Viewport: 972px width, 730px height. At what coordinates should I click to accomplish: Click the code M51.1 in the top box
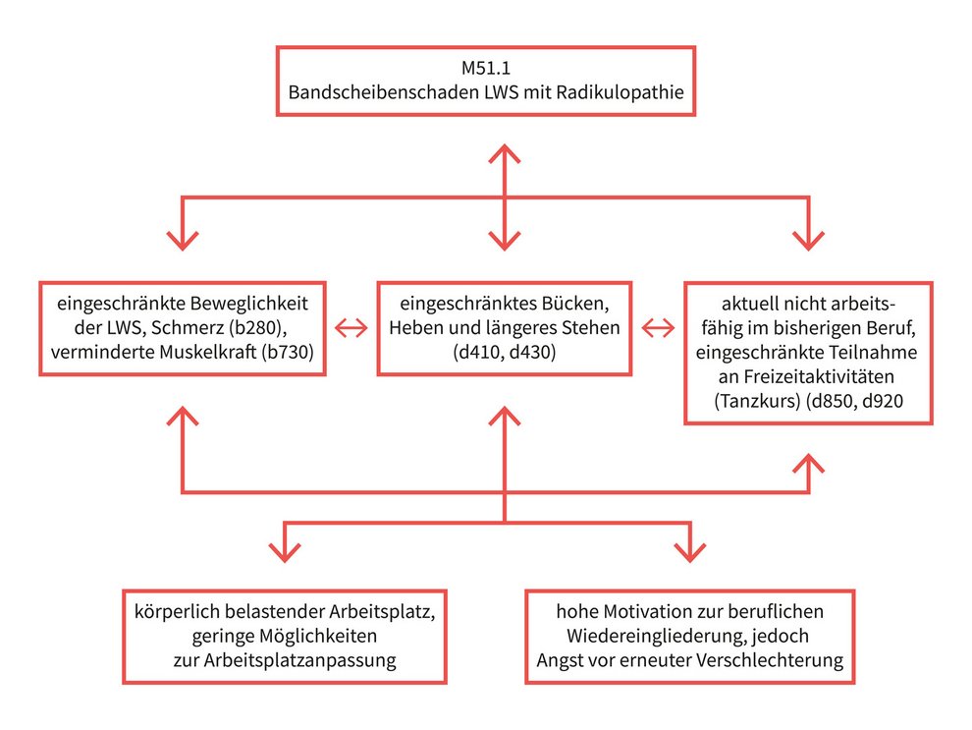point(485,70)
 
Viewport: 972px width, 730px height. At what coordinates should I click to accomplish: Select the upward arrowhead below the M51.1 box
point(504,155)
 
